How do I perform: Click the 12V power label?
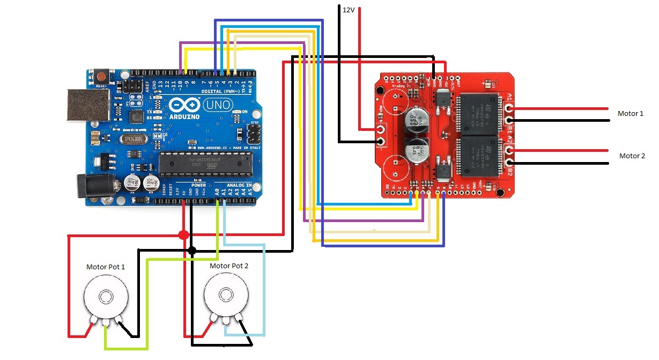349,9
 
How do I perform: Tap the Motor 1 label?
630,114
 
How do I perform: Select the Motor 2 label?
632,156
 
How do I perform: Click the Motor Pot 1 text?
106,266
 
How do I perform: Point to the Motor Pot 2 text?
229,266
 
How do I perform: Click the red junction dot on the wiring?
183,235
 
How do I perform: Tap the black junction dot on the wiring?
192,250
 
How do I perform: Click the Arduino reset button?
101,75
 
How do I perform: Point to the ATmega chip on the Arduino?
205,163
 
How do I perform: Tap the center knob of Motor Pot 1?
106,297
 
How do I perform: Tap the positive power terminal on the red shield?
381,129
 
